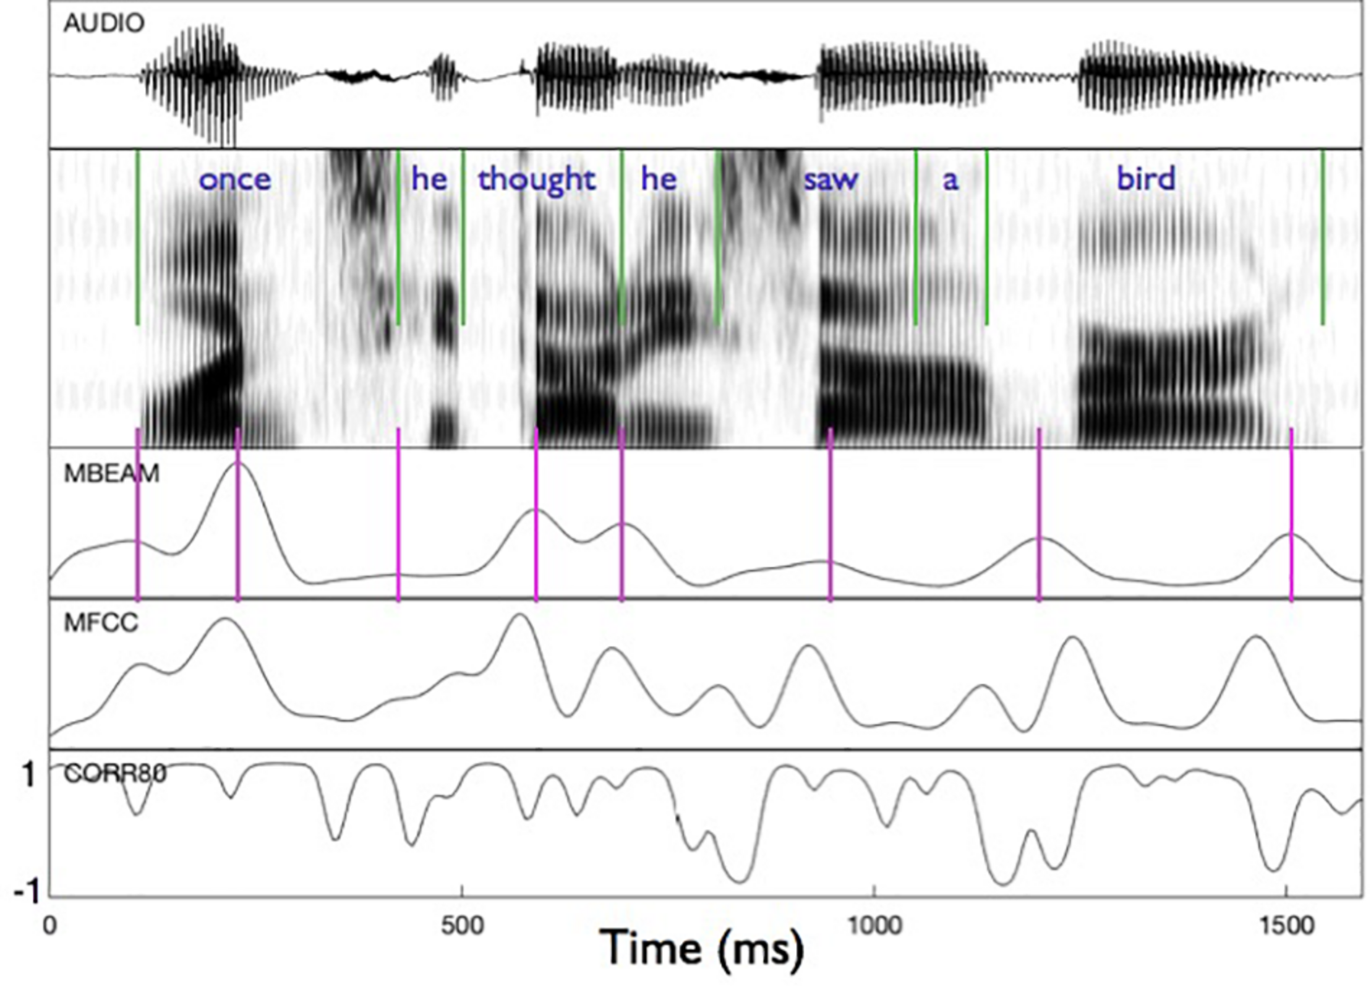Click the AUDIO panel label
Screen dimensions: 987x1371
click(x=104, y=23)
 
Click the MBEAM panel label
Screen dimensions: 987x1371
click(x=111, y=473)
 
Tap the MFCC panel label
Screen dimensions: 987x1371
click(x=101, y=623)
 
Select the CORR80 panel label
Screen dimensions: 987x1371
click(x=115, y=773)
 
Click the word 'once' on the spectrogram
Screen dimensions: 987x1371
click(x=234, y=180)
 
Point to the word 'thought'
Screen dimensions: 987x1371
click(x=536, y=180)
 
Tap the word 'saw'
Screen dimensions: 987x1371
click(x=831, y=180)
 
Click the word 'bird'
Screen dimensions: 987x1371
click(x=1145, y=180)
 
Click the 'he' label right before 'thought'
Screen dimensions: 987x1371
click(x=429, y=180)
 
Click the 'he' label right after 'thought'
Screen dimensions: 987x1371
click(x=659, y=180)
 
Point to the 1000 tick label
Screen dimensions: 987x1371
click(x=873, y=926)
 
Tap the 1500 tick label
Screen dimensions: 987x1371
click(x=1286, y=926)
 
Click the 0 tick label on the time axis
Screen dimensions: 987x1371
click(x=49, y=926)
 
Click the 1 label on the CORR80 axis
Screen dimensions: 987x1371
click(x=28, y=774)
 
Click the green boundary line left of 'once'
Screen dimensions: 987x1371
click(x=137, y=238)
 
